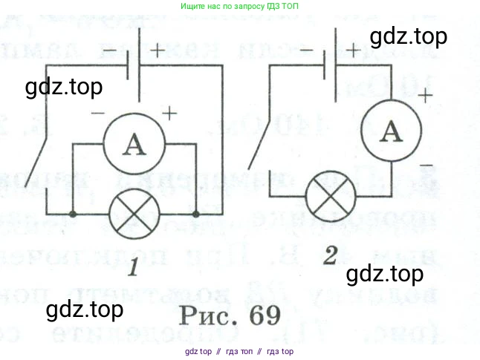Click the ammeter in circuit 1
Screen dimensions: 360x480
click(133, 145)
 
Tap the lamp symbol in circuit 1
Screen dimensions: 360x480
click(133, 215)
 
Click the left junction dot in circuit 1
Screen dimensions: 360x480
click(73, 215)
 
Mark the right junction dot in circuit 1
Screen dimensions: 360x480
click(196, 215)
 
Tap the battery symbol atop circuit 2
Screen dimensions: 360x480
click(331, 64)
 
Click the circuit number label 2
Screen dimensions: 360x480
click(328, 255)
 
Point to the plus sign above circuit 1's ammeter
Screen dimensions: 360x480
click(170, 113)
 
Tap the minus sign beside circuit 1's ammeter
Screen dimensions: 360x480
click(97, 114)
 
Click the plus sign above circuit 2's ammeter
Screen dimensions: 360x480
click(425, 96)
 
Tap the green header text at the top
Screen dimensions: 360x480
click(240, 7)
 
